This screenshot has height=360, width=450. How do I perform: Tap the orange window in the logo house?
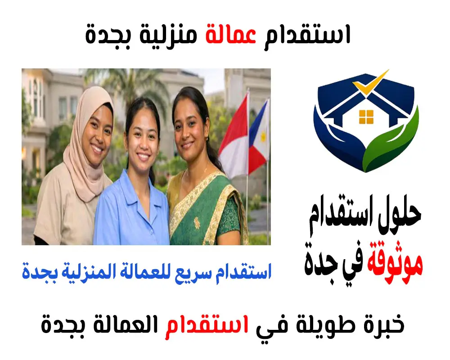367,117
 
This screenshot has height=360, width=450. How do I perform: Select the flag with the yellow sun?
260,135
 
